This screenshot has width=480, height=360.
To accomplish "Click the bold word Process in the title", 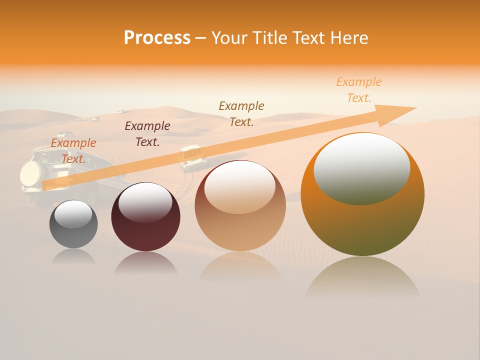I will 157,38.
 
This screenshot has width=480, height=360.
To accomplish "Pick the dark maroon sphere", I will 145,217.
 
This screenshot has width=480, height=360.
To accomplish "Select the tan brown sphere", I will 240,206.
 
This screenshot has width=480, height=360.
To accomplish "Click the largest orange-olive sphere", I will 362,195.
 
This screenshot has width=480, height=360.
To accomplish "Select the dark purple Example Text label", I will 147,134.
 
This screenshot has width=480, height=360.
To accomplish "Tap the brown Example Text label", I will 241,113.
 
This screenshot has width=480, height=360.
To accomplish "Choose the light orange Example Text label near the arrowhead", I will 359,90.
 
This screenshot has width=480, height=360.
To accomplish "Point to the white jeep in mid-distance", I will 192,157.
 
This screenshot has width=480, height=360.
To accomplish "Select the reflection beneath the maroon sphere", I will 145,263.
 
